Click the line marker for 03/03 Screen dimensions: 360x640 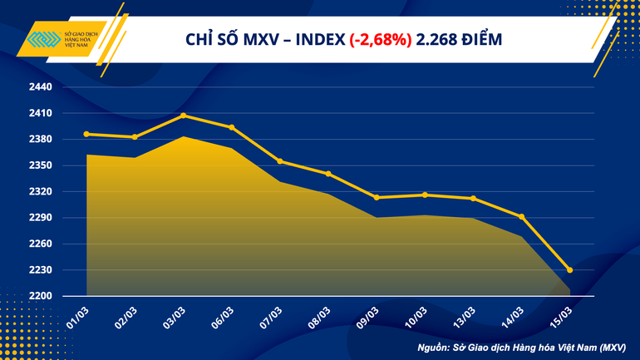184,116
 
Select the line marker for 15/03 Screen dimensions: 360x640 569,269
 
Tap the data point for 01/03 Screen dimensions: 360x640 87,134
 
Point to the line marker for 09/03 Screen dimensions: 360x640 377,198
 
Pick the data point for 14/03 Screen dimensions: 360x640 521,217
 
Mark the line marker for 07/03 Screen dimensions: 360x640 280,161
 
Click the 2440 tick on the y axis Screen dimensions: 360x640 41,87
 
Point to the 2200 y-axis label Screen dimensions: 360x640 41,296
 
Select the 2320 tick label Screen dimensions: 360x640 41,192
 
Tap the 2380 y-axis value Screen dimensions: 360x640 41,140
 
